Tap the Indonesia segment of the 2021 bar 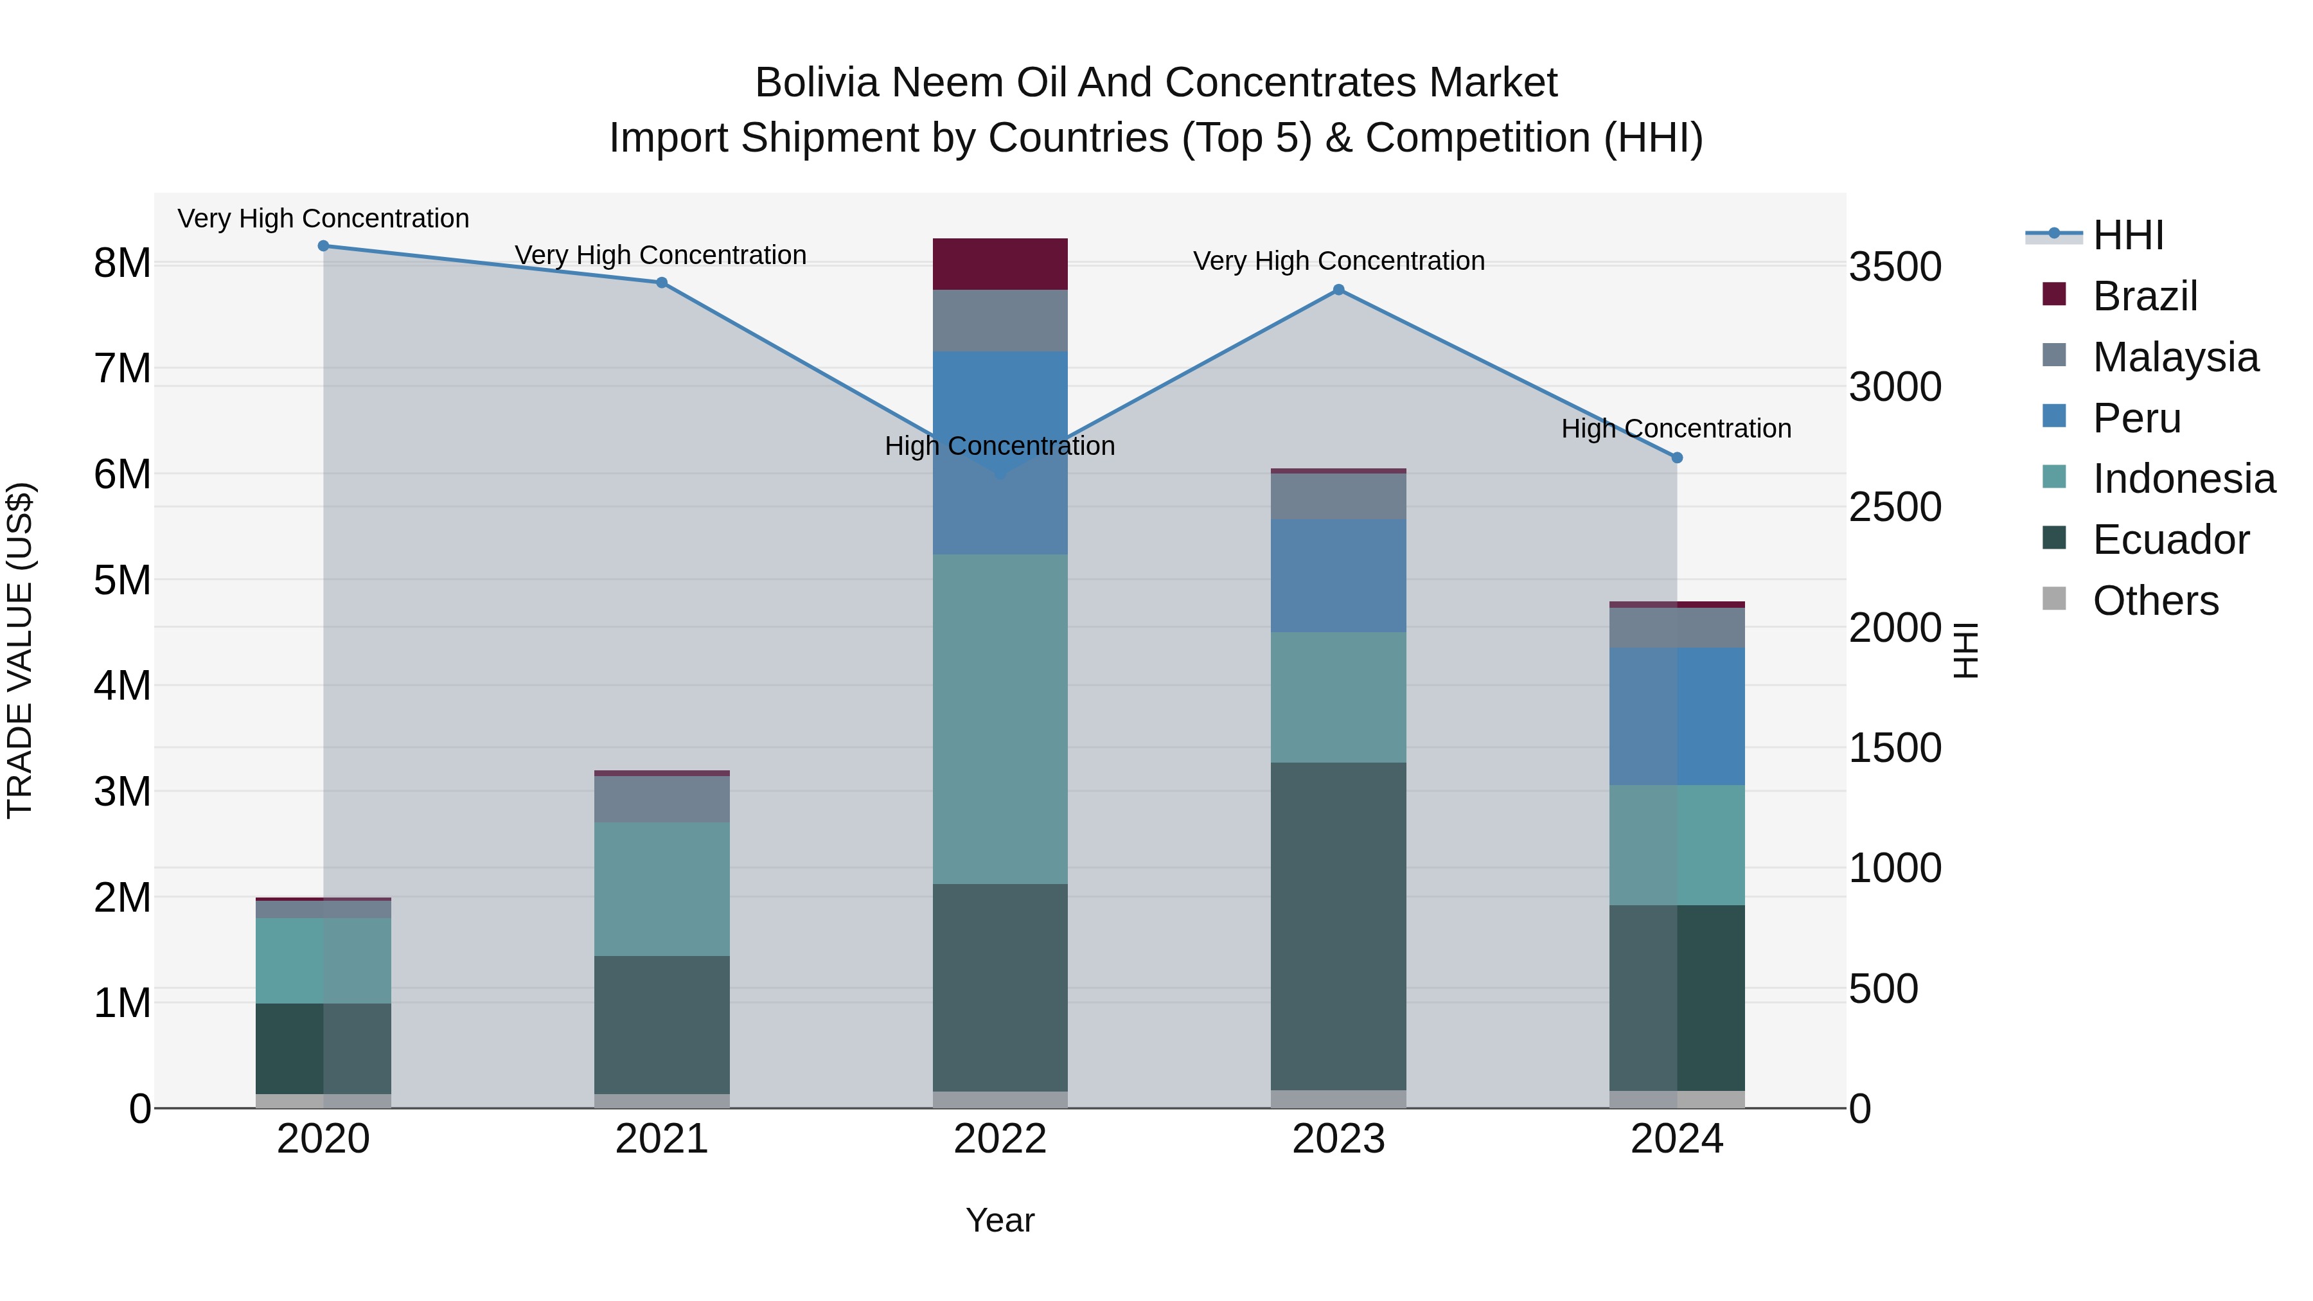[x=662, y=889]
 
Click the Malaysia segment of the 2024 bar [x=1676, y=628]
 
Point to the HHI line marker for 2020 [x=323, y=246]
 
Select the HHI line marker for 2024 [x=1676, y=458]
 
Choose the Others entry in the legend [x=2154, y=601]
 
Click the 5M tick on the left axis [x=122, y=580]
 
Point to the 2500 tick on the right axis [x=1895, y=508]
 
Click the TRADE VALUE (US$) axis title [x=20, y=650]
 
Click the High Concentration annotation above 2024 [x=1676, y=429]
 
